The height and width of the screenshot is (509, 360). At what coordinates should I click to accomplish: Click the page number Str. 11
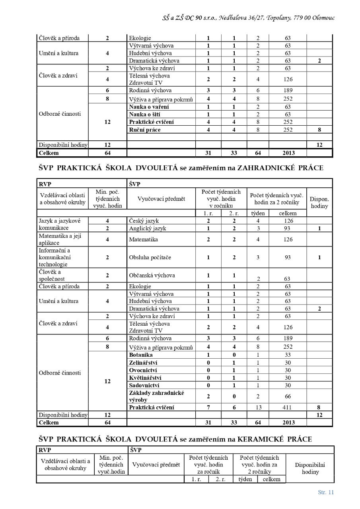coord(326,492)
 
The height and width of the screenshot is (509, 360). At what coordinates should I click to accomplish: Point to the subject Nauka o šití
coord(142,115)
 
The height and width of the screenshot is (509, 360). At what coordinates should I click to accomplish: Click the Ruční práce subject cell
coord(145,130)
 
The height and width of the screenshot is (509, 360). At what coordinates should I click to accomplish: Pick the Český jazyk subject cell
coord(143,220)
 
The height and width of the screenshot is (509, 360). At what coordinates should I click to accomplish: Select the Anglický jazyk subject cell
coord(148,228)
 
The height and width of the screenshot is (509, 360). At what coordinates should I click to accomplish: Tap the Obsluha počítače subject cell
coord(150,257)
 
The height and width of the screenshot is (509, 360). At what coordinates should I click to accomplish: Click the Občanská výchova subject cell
coord(152,275)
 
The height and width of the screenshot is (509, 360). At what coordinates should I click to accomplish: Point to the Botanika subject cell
coord(141,355)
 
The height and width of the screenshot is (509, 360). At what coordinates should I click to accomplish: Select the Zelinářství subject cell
coord(144,363)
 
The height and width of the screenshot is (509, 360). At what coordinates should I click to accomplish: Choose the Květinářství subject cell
coord(145,378)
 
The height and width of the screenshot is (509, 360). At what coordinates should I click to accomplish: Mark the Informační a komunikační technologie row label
coord(54,257)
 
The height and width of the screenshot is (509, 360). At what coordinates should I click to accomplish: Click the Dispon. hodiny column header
coord(319,202)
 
